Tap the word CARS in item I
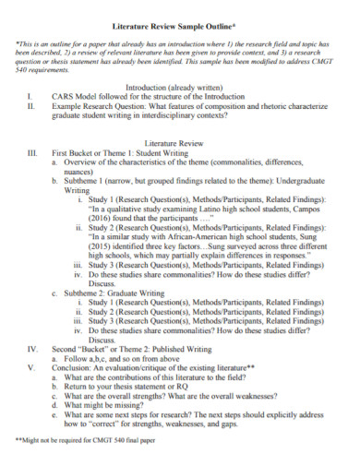pos(63,94)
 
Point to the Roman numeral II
pos(31,104)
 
